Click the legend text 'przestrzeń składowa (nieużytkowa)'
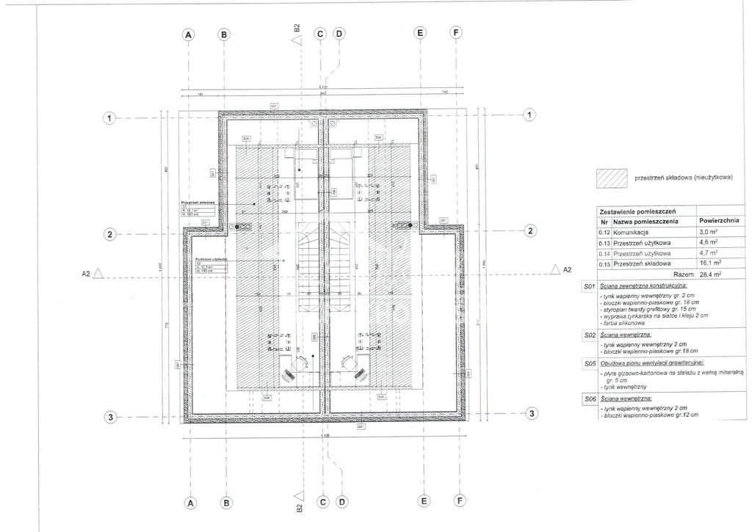(684, 178)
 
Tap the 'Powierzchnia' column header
(719, 220)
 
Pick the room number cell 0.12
(604, 231)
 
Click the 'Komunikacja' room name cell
(633, 231)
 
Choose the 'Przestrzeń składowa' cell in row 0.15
(643, 263)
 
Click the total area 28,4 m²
(710, 274)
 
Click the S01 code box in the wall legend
(587, 285)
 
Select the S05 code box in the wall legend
(587, 362)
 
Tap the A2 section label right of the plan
(565, 269)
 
